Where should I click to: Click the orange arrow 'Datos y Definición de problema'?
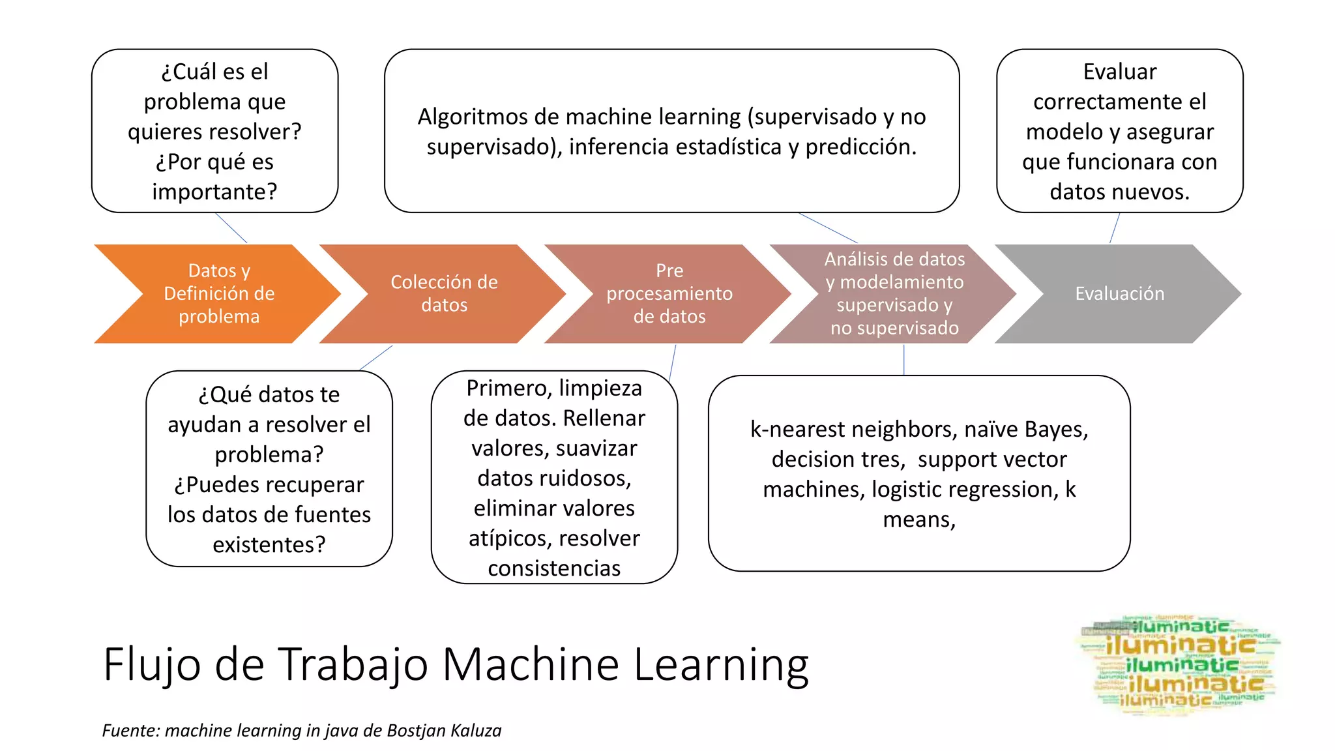click(x=218, y=293)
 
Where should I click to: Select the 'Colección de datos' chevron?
click(x=444, y=293)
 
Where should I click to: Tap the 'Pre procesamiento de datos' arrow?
click(x=669, y=293)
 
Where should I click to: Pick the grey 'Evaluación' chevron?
click(x=1119, y=293)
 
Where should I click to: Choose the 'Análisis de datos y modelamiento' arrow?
click(x=894, y=293)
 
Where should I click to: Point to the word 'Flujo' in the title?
click(x=151, y=665)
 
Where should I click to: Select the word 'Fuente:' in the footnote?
click(x=130, y=731)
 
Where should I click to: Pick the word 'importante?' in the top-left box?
click(x=214, y=192)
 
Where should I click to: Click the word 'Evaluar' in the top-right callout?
click(x=1119, y=72)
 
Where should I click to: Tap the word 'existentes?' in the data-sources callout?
click(x=269, y=544)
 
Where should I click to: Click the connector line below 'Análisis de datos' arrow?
click(x=903, y=360)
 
